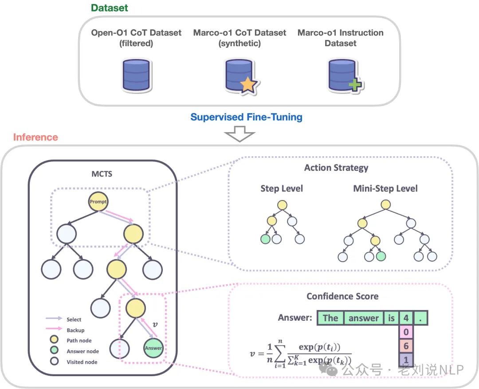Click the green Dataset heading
click(x=110, y=8)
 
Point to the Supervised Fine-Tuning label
click(x=246, y=118)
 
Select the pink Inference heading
click(x=35, y=137)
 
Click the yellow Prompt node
click(x=98, y=202)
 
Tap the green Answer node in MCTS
click(x=153, y=348)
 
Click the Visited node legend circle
click(x=55, y=362)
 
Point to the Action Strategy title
click(x=336, y=168)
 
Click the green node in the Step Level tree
click(x=266, y=240)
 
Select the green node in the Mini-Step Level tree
click(x=381, y=256)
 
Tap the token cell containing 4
click(x=405, y=318)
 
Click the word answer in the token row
click(x=364, y=318)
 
